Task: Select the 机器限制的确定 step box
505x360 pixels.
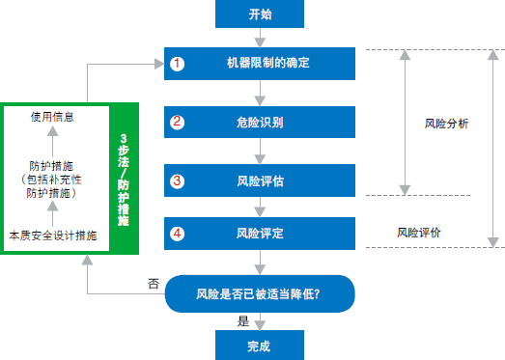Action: coord(260,64)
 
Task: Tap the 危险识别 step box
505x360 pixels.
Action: coord(260,122)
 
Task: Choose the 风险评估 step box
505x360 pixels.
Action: coord(260,180)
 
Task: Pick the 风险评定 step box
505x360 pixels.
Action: coord(260,233)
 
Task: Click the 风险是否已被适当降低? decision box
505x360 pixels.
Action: coord(260,293)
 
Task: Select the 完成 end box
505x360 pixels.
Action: coord(260,345)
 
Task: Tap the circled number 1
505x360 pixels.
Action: coord(177,64)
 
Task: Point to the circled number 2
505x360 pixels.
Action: coord(177,122)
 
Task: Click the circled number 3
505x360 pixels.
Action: coord(177,180)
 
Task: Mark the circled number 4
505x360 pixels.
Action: coord(177,233)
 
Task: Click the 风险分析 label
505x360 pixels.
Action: coord(447,124)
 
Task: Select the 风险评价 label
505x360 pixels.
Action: coord(419,233)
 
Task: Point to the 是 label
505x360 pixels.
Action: coord(243,321)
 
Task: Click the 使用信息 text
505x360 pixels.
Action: coord(53,116)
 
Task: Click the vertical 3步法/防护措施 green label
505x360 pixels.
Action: coord(123,180)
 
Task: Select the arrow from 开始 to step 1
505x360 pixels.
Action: coord(260,38)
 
